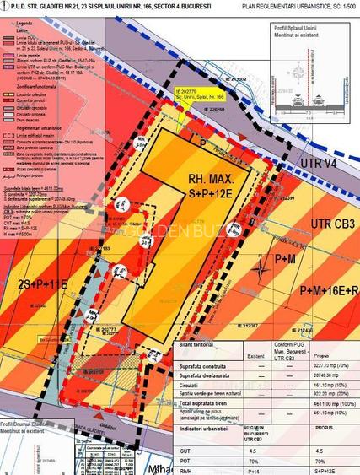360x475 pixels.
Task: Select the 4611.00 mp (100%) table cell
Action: pyautogui.click(x=318, y=405)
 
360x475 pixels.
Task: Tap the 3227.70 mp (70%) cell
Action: pyautogui.click(x=318, y=367)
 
